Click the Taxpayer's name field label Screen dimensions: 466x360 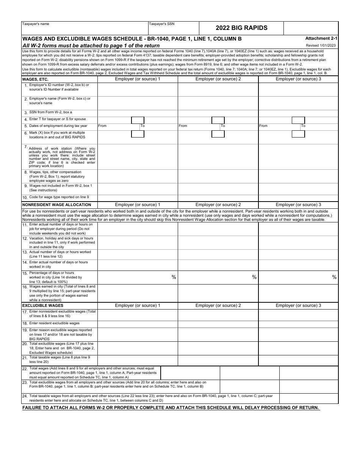point(36,24)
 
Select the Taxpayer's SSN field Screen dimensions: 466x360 point(174,30)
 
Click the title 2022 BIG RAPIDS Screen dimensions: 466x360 point(241,28)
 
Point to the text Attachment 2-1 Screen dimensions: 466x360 point(321,38)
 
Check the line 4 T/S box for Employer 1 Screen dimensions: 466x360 point(138,120)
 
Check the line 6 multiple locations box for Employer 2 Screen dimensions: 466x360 point(218,134)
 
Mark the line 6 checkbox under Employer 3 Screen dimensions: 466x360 point(298,134)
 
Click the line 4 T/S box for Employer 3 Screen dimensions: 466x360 point(298,120)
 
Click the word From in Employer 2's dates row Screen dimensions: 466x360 point(183,126)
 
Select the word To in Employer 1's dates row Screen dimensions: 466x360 point(142,126)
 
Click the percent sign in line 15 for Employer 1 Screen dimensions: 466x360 point(174,277)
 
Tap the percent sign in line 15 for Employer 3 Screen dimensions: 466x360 point(334,277)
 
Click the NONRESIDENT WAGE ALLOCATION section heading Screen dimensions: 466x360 point(51,205)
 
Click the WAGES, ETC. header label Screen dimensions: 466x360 point(35,80)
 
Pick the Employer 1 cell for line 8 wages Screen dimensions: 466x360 point(138,176)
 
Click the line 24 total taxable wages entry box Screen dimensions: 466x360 point(308,398)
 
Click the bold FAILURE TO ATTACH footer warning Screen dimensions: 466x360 point(171,408)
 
